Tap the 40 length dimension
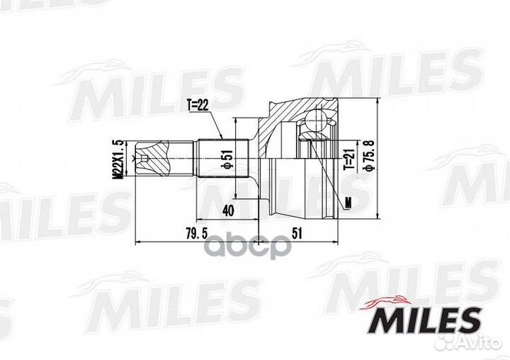[x=228, y=210]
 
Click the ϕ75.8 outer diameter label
[x=368, y=158]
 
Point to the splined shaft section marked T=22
[x=220, y=157]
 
